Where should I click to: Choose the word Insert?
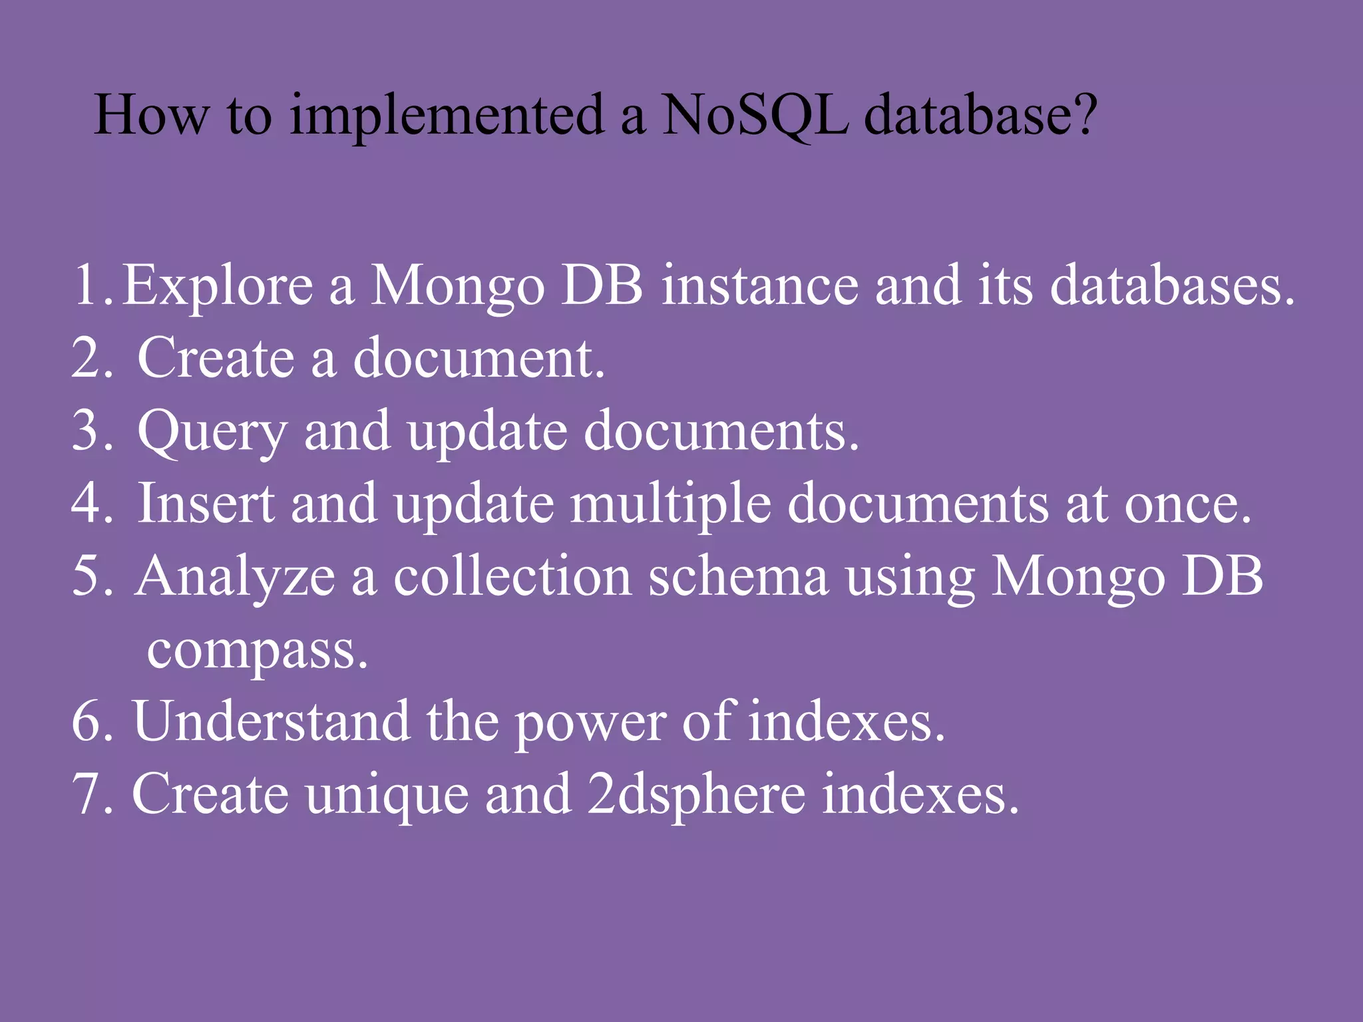[x=206, y=504]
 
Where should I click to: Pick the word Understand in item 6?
[x=272, y=723]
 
